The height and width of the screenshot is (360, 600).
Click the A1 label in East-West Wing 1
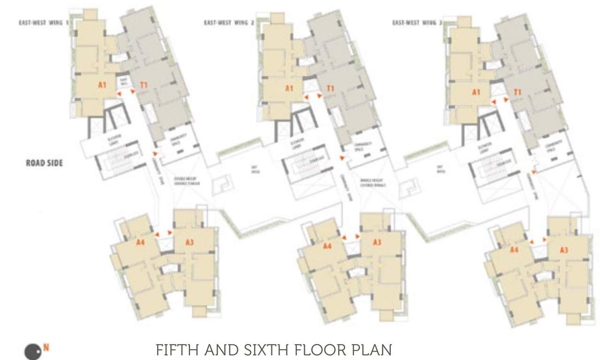(102, 85)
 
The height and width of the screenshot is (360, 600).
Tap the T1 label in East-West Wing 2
(330, 88)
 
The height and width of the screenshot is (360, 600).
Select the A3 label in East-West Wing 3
(564, 250)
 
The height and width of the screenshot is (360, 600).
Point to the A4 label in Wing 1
(140, 242)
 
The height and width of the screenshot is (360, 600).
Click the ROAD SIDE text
(44, 164)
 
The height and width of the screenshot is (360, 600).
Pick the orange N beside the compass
(46, 347)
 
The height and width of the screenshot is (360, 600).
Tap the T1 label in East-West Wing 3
(517, 92)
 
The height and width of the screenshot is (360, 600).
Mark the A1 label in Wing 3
(476, 92)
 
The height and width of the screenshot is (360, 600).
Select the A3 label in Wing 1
(190, 242)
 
